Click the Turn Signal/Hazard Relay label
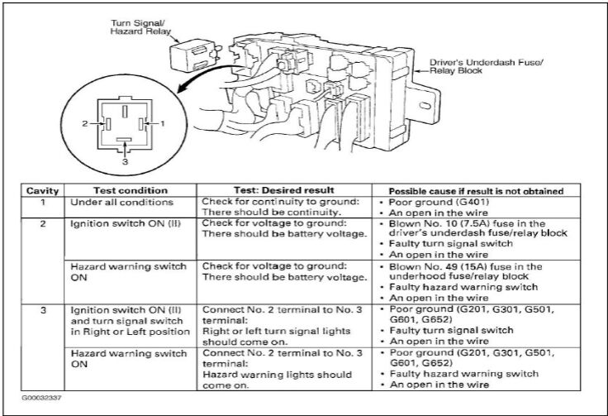(x=140, y=27)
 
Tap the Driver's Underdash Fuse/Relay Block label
(x=487, y=66)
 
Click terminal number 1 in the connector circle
(x=163, y=124)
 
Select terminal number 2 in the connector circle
(x=85, y=124)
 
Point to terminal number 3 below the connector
(x=125, y=161)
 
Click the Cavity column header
(x=42, y=190)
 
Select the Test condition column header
(x=131, y=190)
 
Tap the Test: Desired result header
(x=283, y=190)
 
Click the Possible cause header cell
(x=476, y=191)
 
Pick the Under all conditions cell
(x=121, y=202)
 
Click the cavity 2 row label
(x=43, y=224)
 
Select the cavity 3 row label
(x=43, y=310)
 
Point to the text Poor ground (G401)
(x=439, y=202)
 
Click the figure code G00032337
(x=41, y=398)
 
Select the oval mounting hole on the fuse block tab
(x=425, y=106)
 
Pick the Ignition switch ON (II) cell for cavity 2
(x=126, y=224)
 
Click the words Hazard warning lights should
(x=277, y=375)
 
